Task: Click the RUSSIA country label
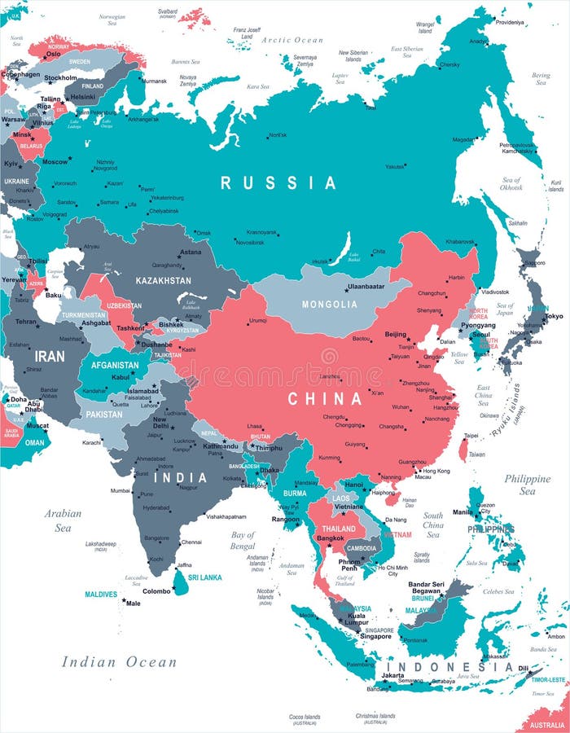(x=278, y=183)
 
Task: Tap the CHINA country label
(x=325, y=399)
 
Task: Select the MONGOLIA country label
(x=329, y=305)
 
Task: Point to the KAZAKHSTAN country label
(x=164, y=280)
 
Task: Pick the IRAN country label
(x=50, y=356)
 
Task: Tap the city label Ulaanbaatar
(x=366, y=287)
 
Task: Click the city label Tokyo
(x=554, y=316)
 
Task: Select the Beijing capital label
(x=395, y=335)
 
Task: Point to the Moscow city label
(x=55, y=161)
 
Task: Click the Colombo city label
(x=157, y=591)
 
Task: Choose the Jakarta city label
(x=392, y=675)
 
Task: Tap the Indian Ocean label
(x=119, y=661)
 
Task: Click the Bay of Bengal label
(x=243, y=540)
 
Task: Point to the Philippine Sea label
(x=527, y=485)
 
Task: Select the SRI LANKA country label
(x=204, y=576)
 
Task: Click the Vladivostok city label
(x=495, y=292)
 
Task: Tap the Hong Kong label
(x=436, y=471)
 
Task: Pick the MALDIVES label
(x=100, y=594)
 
